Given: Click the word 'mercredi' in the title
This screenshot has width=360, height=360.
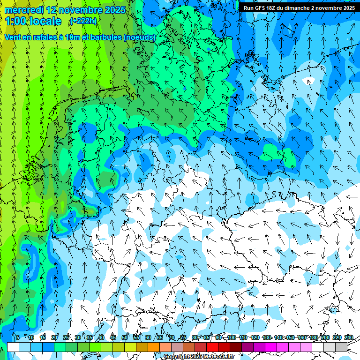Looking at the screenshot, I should click(23, 10).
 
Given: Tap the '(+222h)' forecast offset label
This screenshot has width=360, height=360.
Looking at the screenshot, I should click(83, 21).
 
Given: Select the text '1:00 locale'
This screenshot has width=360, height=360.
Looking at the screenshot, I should click(33, 21).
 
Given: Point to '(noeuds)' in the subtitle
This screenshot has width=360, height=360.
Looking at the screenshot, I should click(139, 37).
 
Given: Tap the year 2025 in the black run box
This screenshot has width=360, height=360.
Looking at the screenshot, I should click(345, 8).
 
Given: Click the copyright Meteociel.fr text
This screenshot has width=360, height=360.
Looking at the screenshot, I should click(199, 356).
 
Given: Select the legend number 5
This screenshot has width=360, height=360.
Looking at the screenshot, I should click(18, 337).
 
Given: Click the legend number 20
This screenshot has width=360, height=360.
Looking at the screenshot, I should click(54, 337).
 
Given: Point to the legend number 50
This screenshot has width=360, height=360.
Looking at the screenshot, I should click(124, 337).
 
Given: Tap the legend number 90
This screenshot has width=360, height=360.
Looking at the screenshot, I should click(218, 337).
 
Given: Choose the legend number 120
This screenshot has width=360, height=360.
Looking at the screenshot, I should click(255, 337).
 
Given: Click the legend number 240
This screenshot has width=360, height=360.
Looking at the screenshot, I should click(348, 337).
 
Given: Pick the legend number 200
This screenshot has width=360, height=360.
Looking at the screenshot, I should click(325, 337).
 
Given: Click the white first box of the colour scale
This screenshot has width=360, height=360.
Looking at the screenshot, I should click(13, 347).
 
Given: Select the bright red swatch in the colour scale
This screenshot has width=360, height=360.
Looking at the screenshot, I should click(212, 347).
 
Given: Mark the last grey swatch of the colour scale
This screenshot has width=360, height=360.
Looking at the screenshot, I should click(341, 347).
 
